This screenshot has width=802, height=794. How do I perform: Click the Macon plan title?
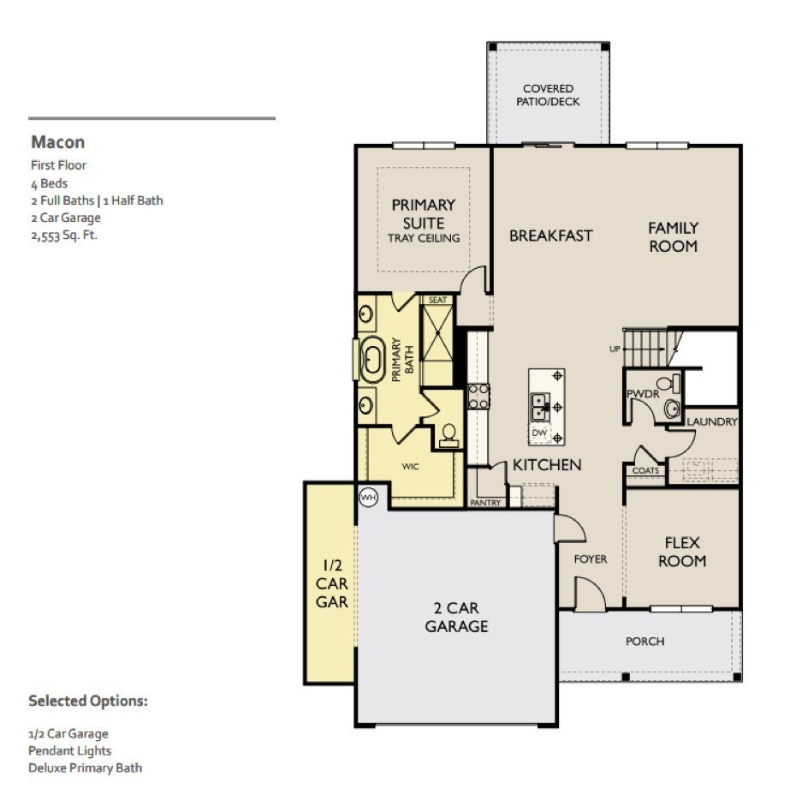[57, 142]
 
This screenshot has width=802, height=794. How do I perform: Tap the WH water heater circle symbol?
[368, 497]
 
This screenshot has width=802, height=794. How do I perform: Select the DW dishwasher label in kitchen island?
[539, 433]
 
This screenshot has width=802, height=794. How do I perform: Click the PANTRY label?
[486, 503]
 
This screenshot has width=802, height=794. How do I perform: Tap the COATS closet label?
[645, 470]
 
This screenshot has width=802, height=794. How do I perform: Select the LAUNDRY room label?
[711, 421]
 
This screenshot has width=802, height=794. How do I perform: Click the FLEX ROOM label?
[682, 552]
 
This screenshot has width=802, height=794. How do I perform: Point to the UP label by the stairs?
[614, 349]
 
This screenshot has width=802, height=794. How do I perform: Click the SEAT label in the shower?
[437, 300]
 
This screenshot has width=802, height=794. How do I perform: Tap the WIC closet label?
[410, 467]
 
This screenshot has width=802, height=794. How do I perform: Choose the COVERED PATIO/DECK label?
[548, 95]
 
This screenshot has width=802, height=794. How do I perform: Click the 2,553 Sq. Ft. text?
[64, 235]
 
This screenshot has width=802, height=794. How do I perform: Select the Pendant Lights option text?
[69, 750]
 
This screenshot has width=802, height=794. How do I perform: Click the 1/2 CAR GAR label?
[332, 583]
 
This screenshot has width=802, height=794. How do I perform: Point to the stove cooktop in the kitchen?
[478, 396]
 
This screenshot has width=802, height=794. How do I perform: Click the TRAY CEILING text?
[424, 238]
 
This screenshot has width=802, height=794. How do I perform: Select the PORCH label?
[645, 641]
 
